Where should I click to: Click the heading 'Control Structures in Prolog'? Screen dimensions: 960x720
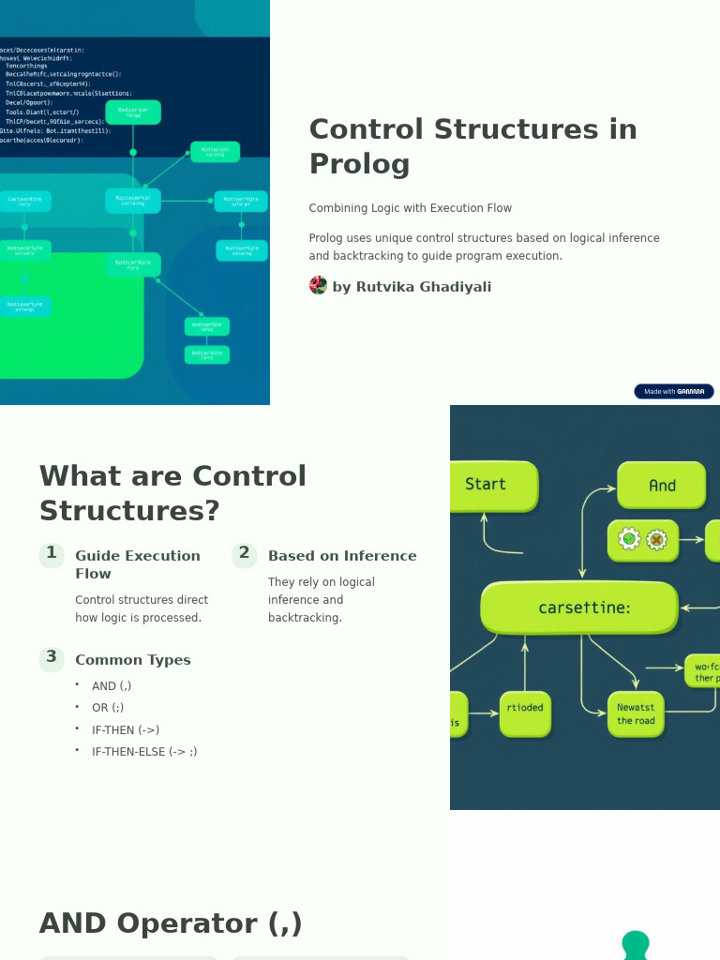coord(472,146)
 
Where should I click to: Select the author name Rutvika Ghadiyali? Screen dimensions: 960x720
coord(412,287)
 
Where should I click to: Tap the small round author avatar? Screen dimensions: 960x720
coord(318,286)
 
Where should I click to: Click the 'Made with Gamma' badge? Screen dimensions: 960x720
coord(673,392)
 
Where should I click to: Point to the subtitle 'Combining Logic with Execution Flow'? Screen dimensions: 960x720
coord(411,208)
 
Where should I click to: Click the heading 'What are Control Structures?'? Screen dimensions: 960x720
coord(172,493)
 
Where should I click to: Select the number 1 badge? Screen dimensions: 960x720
coord(52,554)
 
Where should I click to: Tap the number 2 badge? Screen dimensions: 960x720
coord(244,554)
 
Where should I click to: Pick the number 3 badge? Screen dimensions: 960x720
coord(52,658)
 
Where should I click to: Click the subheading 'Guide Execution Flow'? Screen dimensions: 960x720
coord(138,564)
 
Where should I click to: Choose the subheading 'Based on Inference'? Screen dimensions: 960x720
coord(342,556)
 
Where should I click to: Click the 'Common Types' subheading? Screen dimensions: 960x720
coord(133,660)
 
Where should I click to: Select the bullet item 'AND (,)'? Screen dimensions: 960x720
coord(112,686)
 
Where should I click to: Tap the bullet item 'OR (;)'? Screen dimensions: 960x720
coord(108,708)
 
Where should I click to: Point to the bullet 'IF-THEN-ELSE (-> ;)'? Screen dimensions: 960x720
coord(144,752)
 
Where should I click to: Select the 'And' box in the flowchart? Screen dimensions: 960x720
coord(662,485)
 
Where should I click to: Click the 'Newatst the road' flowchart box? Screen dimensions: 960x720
coord(636,714)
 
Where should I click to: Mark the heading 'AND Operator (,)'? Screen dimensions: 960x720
coord(171,923)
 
